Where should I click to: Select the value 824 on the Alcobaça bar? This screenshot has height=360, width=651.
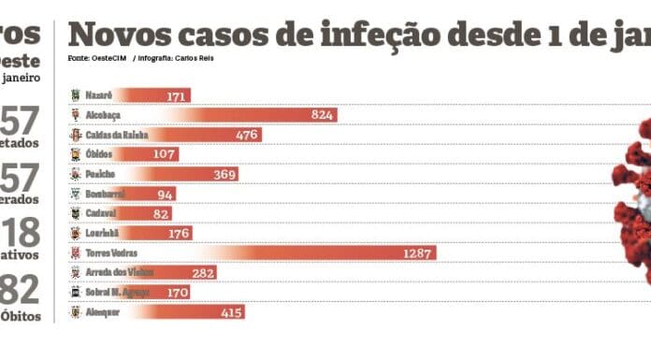coord(323,115)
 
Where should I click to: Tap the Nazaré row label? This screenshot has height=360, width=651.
coord(99,95)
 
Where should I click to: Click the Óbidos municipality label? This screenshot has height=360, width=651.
coord(98,154)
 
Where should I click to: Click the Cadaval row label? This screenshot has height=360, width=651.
coord(99,213)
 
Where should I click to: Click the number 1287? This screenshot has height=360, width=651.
coord(418,253)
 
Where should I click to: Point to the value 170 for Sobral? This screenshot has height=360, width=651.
coord(174,293)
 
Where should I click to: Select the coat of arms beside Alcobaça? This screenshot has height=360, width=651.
coord(76,115)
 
